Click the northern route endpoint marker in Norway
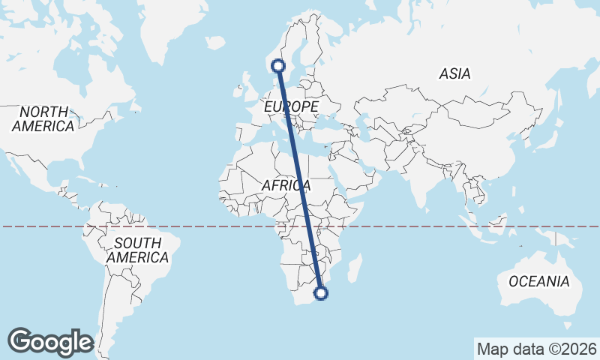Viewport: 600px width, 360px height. click(279, 66)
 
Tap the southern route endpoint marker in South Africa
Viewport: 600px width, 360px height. click(321, 293)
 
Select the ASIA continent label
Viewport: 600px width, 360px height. click(454, 74)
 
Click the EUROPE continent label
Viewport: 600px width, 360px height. click(291, 107)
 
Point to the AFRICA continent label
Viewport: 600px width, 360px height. click(286, 185)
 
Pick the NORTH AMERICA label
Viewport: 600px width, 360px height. click(43, 119)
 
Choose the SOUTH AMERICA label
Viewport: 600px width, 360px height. click(137, 250)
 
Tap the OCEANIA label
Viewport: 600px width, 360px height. click(538, 282)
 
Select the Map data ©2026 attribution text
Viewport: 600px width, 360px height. click(536, 349)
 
